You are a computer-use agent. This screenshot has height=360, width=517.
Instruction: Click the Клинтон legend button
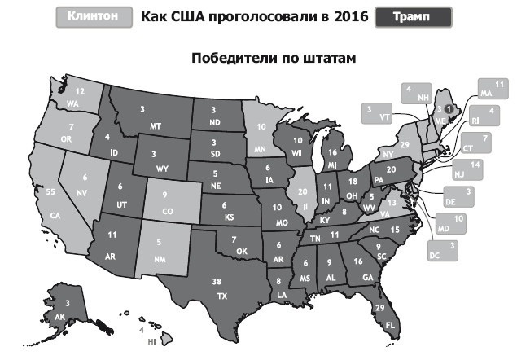point(93,16)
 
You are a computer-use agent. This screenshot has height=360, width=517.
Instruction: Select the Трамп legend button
point(414,16)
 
